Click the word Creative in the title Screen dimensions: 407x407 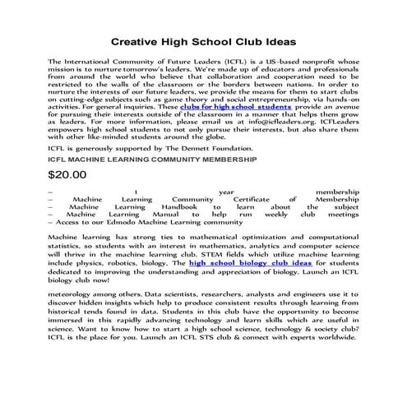click(137, 39)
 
